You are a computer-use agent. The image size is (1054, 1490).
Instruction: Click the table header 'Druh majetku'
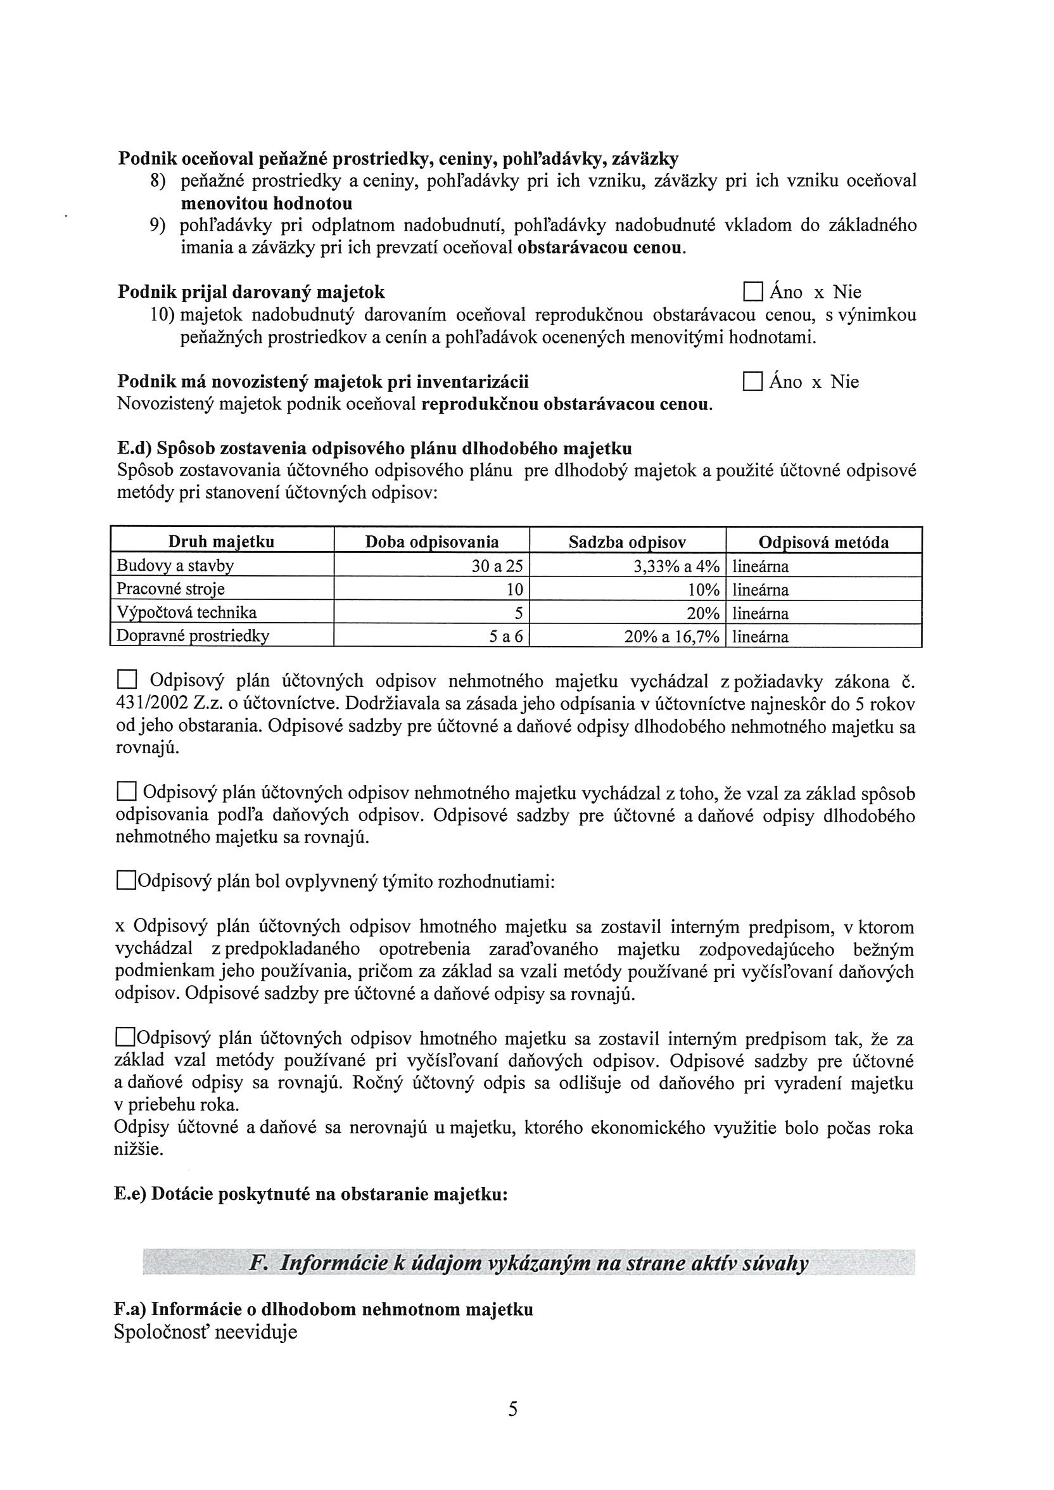click(221, 542)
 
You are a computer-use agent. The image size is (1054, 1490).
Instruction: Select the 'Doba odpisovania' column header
click(431, 542)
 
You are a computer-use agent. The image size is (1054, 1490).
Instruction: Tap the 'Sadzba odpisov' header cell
click(627, 542)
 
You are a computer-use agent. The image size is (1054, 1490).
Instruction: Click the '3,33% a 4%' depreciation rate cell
click(676, 566)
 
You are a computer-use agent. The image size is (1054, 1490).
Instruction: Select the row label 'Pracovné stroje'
click(170, 590)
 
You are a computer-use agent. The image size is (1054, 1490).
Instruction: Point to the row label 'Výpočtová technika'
click(186, 613)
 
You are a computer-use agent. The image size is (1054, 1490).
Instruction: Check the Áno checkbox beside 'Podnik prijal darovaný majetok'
click(752, 292)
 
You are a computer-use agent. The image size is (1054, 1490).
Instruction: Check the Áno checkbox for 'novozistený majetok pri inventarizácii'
click(752, 381)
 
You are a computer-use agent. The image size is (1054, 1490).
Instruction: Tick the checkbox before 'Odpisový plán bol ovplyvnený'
click(125, 881)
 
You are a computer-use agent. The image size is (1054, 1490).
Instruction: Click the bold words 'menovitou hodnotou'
click(266, 203)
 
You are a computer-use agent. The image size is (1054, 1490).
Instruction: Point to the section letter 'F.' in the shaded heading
click(258, 1263)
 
